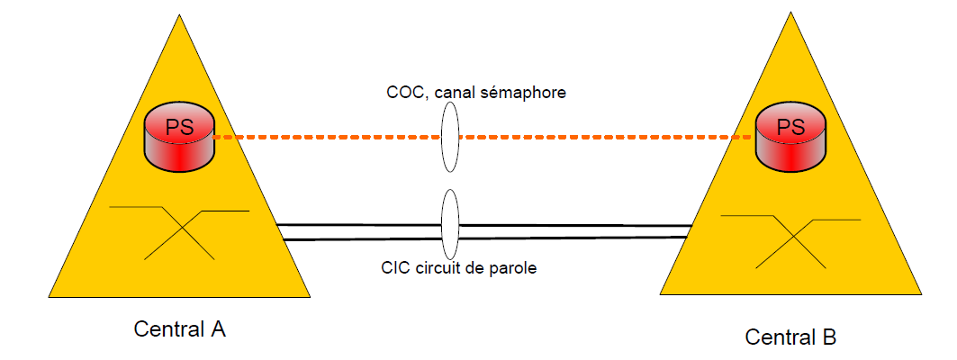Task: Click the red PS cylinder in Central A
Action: click(180, 137)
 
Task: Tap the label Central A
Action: click(179, 328)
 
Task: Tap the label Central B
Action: click(790, 337)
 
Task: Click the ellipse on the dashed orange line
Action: click(450, 137)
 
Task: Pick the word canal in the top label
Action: click(459, 91)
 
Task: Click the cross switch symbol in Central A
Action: click(178, 232)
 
